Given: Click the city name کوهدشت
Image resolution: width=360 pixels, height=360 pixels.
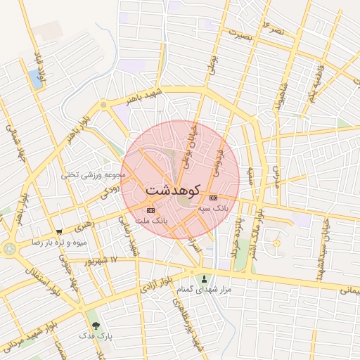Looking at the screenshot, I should pyautogui.click(x=174, y=190).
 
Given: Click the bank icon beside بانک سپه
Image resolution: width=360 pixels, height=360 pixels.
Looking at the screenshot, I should pyautogui.click(x=213, y=198).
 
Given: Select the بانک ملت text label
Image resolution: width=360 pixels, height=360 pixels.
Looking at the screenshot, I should pyautogui.click(x=150, y=221).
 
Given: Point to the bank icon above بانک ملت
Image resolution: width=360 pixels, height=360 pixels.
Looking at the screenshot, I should pyautogui.click(x=150, y=210).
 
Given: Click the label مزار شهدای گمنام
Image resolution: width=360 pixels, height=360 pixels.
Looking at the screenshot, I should pyautogui.click(x=204, y=289).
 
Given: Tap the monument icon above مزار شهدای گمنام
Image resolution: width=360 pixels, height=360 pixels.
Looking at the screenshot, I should pyautogui.click(x=205, y=278).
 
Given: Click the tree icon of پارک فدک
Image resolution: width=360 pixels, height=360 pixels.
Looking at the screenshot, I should pyautogui.click(x=96, y=326).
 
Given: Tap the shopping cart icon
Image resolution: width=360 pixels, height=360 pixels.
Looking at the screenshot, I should pyautogui.click(x=60, y=231).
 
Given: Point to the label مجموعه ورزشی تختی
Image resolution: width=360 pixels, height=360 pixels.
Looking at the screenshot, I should pyautogui.click(x=94, y=174).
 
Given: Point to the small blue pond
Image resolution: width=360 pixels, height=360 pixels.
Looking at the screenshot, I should pyautogui.click(x=35, y=79).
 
